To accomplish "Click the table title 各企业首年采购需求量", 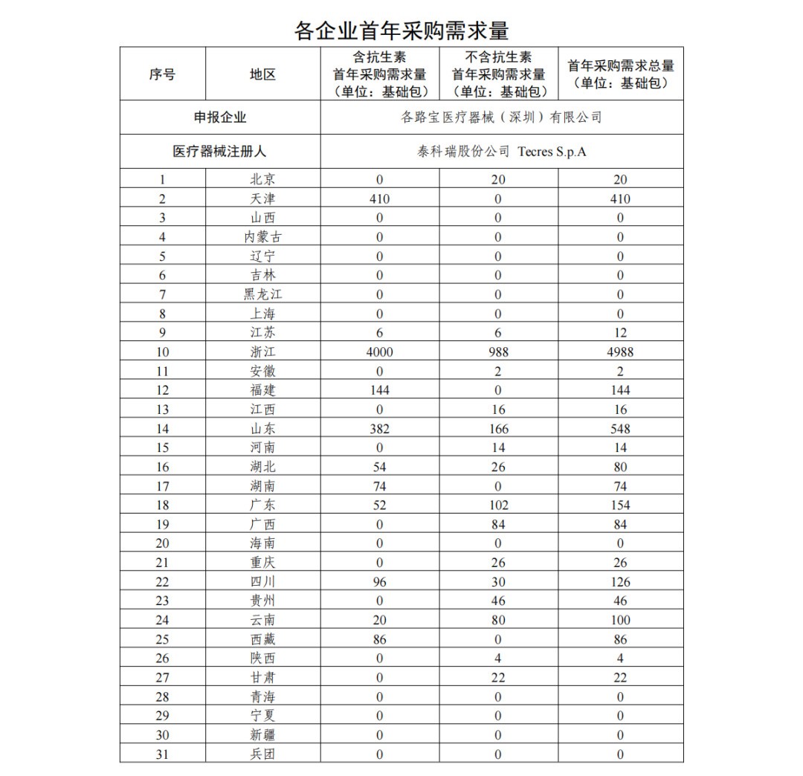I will [x=401, y=31].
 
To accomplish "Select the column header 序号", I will [x=162, y=74].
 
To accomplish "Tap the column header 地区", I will [x=262, y=74].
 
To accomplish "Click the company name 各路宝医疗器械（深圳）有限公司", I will [x=501, y=117].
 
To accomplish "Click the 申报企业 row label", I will [x=220, y=117].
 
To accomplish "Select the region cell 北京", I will [x=262, y=179].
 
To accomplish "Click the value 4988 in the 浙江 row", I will [x=620, y=352].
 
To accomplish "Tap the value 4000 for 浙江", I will [x=379, y=352].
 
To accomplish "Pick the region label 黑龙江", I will [x=262, y=294].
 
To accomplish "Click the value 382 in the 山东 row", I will [x=379, y=428].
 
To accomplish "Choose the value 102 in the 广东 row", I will [x=498, y=505].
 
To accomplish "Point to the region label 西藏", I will [x=262, y=639].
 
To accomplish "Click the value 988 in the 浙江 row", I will [x=498, y=352].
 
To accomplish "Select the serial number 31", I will [x=162, y=754].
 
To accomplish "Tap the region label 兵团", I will [x=262, y=754].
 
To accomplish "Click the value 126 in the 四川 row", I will [x=620, y=582].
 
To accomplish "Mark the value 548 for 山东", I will [x=620, y=428].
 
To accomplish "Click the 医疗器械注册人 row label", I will [x=220, y=151].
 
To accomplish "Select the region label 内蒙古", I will [x=262, y=237].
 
